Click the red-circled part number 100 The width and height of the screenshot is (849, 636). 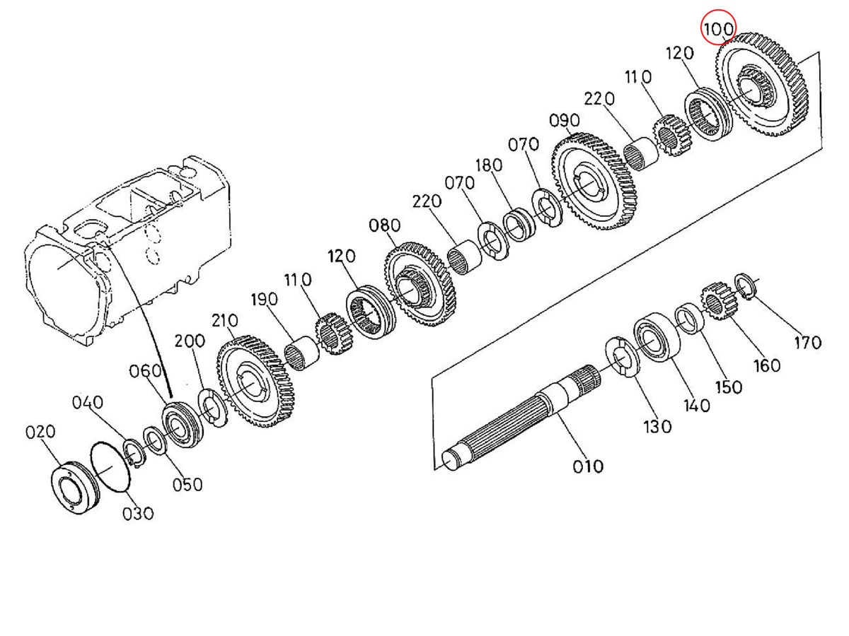pos(718,30)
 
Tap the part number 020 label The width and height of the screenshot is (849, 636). pos(40,432)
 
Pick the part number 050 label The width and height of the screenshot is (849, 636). pos(187,485)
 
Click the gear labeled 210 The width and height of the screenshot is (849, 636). pos(259,382)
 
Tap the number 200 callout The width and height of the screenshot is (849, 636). pos(190,341)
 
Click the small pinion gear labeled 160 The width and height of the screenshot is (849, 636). pos(719,301)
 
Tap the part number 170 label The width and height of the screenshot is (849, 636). pos(807,343)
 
